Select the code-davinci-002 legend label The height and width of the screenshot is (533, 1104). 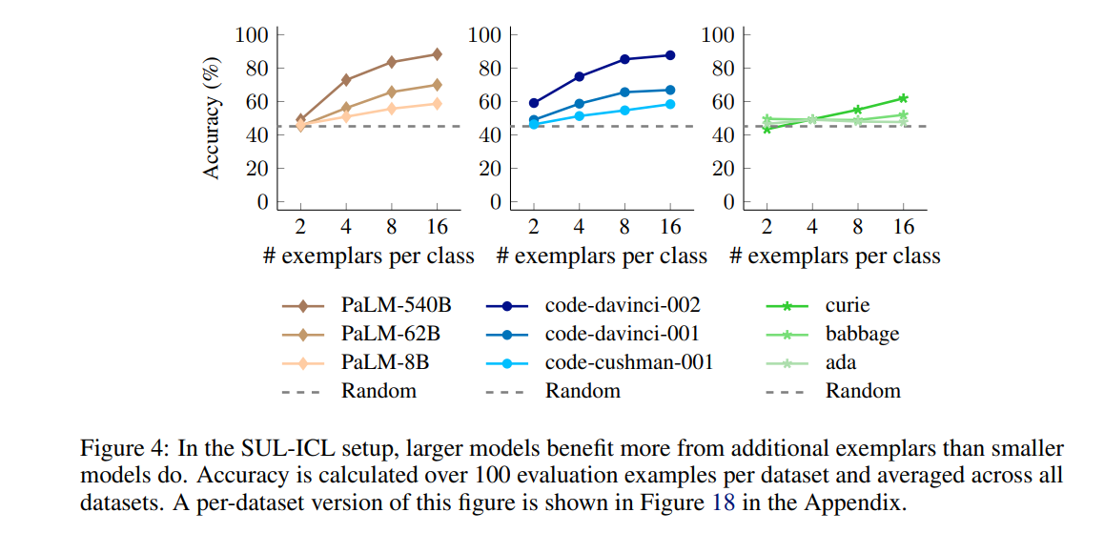tap(623, 306)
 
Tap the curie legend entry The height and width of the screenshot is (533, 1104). tap(848, 306)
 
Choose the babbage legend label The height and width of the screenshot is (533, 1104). tap(862, 334)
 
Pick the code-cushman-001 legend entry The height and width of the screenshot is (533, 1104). tap(629, 362)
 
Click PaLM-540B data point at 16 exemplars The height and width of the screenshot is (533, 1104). tap(437, 54)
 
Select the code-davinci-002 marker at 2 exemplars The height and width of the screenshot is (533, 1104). tap(534, 103)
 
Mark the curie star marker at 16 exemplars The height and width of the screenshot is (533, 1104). tap(902, 98)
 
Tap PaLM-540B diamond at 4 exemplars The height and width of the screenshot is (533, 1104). tap(346, 80)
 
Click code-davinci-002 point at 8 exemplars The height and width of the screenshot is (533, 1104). tap(624, 59)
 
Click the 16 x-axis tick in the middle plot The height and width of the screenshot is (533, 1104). tap(670, 227)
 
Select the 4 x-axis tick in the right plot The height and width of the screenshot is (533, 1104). tap(811, 227)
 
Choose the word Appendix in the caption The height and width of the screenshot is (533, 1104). tap(862, 501)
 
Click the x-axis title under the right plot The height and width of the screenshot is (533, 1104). tap(835, 256)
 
